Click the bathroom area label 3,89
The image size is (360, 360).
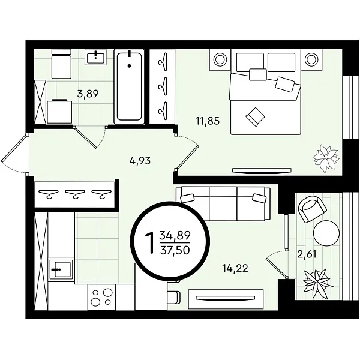(x=88, y=94)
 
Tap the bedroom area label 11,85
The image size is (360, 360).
(x=208, y=121)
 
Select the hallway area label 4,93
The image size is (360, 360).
(x=140, y=161)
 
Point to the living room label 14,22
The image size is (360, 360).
(x=235, y=268)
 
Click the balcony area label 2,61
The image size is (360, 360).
(x=307, y=254)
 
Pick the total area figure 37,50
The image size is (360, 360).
(x=175, y=250)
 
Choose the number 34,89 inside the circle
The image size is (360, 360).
(x=175, y=235)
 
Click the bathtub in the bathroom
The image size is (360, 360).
(x=129, y=86)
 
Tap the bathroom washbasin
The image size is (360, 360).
(x=95, y=57)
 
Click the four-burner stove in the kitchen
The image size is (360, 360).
(x=101, y=297)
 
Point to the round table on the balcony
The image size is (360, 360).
(x=326, y=233)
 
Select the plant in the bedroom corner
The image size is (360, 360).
(x=326, y=158)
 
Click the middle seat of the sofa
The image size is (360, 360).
(x=223, y=203)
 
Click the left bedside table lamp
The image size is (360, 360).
(x=220, y=59)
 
